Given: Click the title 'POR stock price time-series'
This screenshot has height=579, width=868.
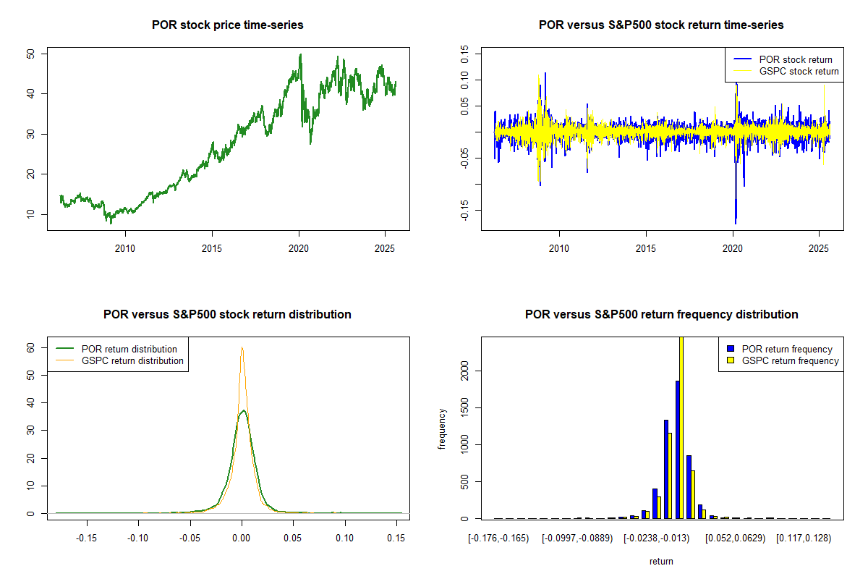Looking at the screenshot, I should [x=227, y=25].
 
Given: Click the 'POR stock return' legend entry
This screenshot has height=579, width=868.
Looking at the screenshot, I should [x=795, y=59].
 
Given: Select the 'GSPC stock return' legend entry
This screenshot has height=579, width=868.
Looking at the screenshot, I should [x=799, y=71].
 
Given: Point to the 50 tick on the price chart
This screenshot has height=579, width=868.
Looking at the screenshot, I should [x=30, y=54].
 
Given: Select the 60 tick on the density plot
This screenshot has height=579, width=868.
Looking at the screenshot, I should [x=30, y=347].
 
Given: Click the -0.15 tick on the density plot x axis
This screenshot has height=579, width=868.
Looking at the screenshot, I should [x=87, y=538].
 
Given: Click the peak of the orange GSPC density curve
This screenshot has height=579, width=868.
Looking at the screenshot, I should [x=242, y=347].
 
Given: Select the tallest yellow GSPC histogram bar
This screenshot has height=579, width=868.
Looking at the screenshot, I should [x=681, y=427].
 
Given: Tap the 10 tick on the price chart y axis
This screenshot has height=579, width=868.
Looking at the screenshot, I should [x=30, y=214].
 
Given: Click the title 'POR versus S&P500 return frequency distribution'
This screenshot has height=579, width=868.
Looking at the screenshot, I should [x=661, y=314].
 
